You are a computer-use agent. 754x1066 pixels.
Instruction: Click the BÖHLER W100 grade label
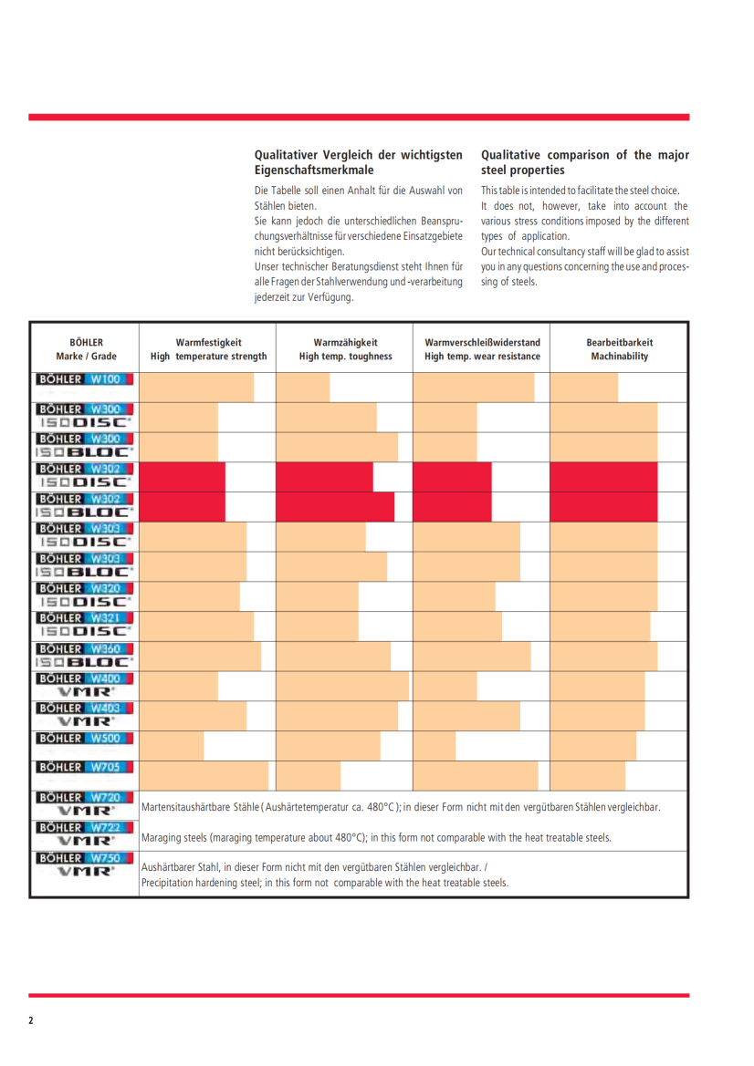(x=84, y=378)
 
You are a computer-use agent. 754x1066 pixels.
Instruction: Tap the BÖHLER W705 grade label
(x=84, y=768)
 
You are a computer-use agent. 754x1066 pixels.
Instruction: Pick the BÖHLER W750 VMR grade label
(x=84, y=864)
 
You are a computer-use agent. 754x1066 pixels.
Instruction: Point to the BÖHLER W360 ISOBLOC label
(x=84, y=655)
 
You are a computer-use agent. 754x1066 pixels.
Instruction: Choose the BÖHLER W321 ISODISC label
(x=84, y=625)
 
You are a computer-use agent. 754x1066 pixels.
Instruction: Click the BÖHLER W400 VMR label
(x=84, y=685)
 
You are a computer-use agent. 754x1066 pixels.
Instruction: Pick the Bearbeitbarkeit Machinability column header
(x=619, y=349)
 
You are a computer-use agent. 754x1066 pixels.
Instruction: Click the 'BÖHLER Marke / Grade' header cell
(x=85, y=349)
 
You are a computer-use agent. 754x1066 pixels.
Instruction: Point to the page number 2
(x=31, y=1020)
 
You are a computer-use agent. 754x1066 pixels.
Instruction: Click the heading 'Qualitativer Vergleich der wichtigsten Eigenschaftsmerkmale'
(x=358, y=162)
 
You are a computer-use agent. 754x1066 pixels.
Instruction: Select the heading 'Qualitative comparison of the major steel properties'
(x=584, y=162)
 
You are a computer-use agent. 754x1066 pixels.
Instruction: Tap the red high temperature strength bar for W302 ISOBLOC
(x=183, y=506)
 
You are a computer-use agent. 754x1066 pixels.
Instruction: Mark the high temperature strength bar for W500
(x=172, y=745)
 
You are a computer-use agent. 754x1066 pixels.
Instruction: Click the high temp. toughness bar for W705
(x=309, y=775)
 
